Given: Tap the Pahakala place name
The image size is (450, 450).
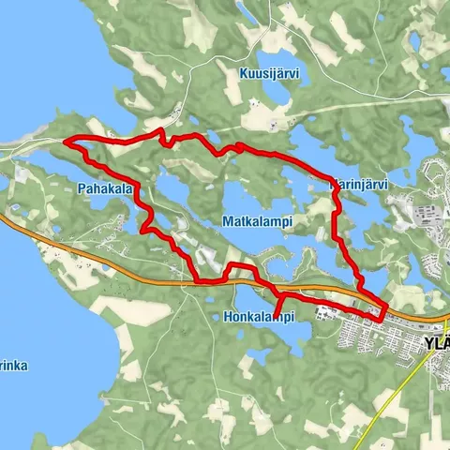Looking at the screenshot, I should pyautogui.click(x=103, y=188).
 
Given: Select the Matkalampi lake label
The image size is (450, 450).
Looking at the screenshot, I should pyautogui.click(x=260, y=220).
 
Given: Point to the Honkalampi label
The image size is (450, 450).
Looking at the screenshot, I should pyautogui.click(x=260, y=317).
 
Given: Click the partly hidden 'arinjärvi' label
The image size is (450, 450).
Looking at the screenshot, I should pyautogui.click(x=361, y=186).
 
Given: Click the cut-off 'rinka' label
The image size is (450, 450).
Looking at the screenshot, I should pyautogui.click(x=13, y=365).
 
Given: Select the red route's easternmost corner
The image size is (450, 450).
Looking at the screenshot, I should pyautogui.click(x=385, y=309).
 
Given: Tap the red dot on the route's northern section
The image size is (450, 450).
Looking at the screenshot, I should pyautogui.click(x=239, y=147).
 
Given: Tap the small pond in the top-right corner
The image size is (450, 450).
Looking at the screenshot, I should pyautogui.click(x=415, y=42).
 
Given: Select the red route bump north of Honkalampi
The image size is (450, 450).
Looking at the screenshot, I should pyautogui.click(x=239, y=268).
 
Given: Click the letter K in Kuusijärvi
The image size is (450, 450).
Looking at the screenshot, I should pyautogui.click(x=242, y=98).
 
